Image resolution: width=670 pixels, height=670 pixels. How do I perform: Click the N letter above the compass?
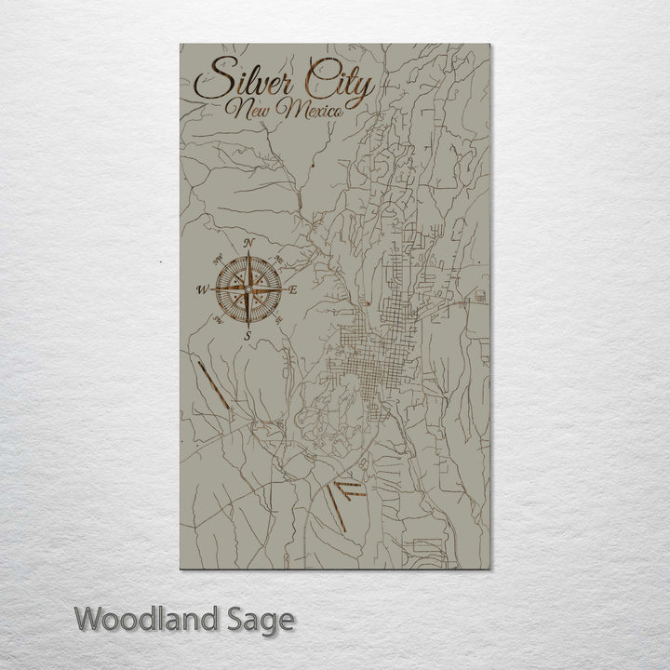tap(248, 244)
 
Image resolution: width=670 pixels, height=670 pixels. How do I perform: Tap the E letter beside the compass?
tap(292, 290)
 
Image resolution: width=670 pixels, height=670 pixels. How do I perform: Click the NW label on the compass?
tap(220, 261)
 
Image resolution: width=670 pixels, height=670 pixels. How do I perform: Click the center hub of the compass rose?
tap(248, 289)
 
